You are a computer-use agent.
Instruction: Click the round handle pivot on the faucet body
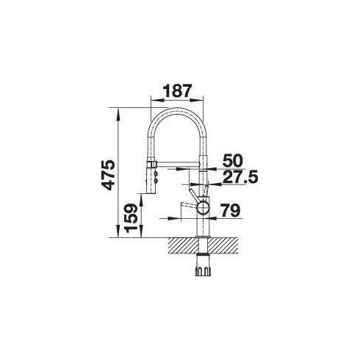[x=202, y=209]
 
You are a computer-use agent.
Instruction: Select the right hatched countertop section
[x=225, y=245]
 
